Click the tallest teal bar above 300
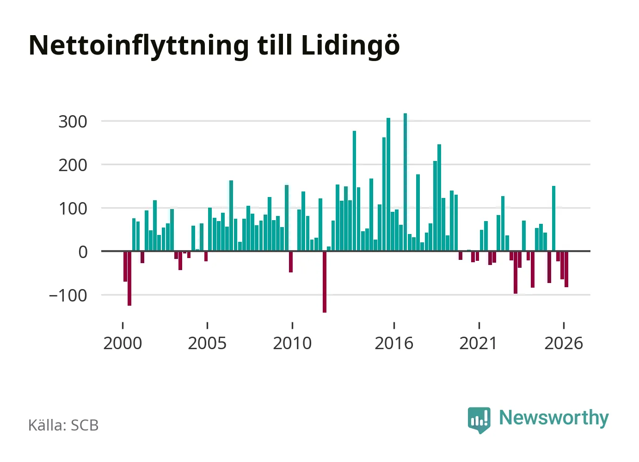(405, 182)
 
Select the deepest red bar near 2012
(325, 282)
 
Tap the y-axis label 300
(73, 122)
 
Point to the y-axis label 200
(73, 165)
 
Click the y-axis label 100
(73, 209)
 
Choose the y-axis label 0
(83, 252)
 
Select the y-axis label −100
(68, 296)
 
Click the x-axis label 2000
(123, 343)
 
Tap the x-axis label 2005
(208, 343)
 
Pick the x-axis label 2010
(292, 343)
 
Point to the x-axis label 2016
(394, 343)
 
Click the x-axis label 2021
(479, 343)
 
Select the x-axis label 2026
(564, 343)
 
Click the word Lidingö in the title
(350, 46)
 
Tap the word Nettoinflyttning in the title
(139, 46)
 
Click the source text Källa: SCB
(63, 425)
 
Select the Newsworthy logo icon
(479, 420)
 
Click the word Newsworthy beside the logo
(554, 419)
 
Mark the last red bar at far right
(566, 269)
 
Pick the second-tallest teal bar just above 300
(388, 185)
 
